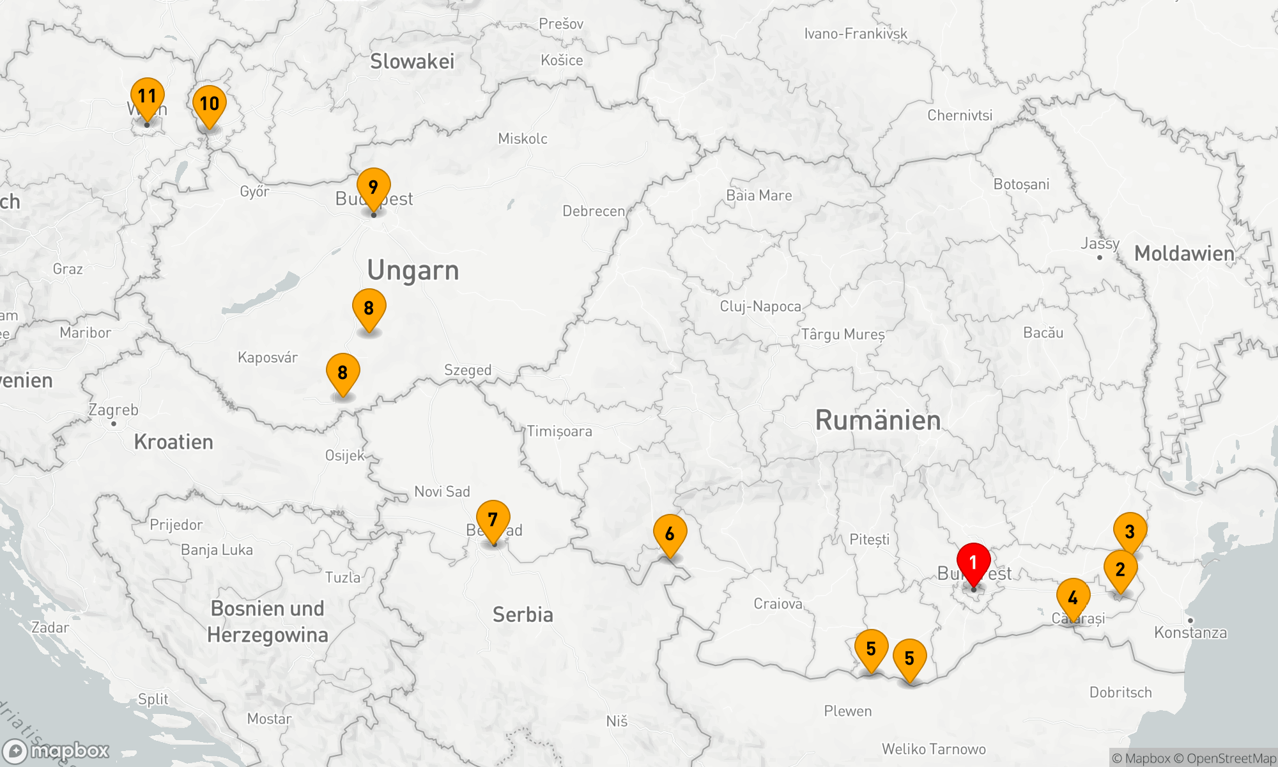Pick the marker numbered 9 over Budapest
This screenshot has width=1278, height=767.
click(373, 188)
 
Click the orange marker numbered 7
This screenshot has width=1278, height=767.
click(493, 520)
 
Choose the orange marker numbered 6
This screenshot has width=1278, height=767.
click(670, 534)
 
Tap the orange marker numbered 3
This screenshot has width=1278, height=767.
click(1130, 532)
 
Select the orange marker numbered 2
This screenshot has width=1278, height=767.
click(1120, 569)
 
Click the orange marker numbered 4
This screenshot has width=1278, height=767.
click(1073, 598)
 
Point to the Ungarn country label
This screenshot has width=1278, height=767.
click(413, 270)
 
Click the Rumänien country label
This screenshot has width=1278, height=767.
click(878, 421)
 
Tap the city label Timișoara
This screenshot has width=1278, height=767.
click(560, 431)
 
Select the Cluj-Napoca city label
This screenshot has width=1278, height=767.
click(760, 306)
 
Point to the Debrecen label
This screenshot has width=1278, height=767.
click(594, 212)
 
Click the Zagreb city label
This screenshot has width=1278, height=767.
click(114, 410)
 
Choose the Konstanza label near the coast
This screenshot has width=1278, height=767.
click(1190, 633)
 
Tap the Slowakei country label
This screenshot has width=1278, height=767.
click(412, 61)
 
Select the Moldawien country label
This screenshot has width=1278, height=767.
click(1184, 254)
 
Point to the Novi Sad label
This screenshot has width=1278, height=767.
click(442, 492)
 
